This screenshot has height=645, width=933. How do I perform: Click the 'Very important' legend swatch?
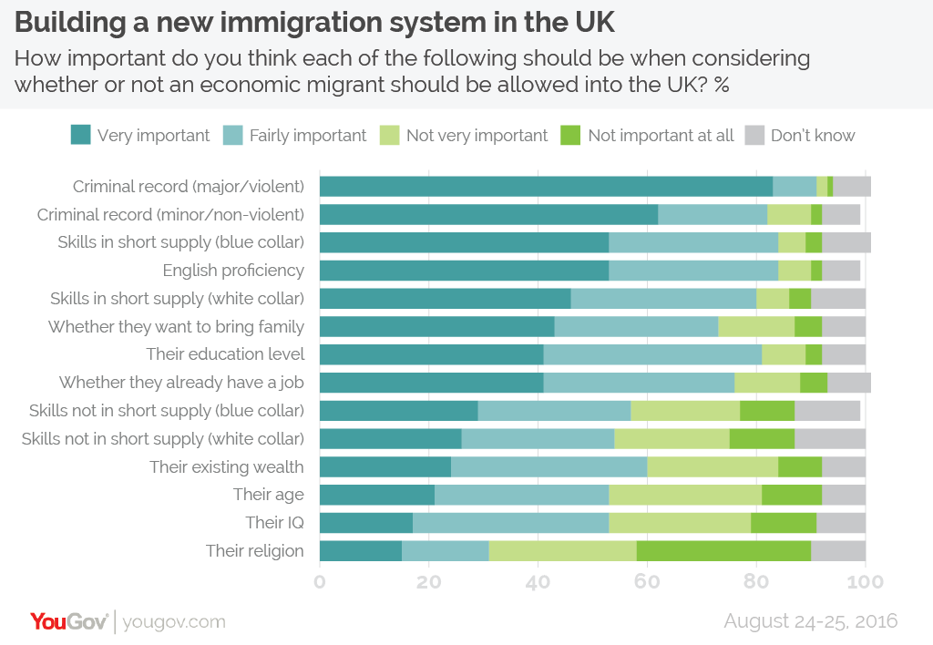coord(81,136)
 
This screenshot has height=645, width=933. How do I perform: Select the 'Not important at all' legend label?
coord(661,136)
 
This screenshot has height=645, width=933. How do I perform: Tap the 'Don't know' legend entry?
coord(813,136)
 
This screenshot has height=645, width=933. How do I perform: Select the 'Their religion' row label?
coord(254,550)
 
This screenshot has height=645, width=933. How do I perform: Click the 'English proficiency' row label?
coord(233,271)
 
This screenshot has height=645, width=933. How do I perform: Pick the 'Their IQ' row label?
coord(274,522)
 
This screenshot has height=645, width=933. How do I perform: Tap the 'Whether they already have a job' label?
coord(181,383)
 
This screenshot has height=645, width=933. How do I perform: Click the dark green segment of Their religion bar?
coord(723,550)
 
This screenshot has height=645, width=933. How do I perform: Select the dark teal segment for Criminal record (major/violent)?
coord(546,187)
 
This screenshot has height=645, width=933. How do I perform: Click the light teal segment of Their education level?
coord(652,354)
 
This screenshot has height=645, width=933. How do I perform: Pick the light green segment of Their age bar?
coord(685,495)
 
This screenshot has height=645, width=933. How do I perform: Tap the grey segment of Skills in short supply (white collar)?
coord(837,299)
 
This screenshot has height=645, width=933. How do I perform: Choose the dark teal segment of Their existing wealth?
coord(385,466)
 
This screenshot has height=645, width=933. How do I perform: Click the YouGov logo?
coord(69,621)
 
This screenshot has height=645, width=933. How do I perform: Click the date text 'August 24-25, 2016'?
coord(810,620)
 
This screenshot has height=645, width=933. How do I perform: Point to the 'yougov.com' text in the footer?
coord(174,622)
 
